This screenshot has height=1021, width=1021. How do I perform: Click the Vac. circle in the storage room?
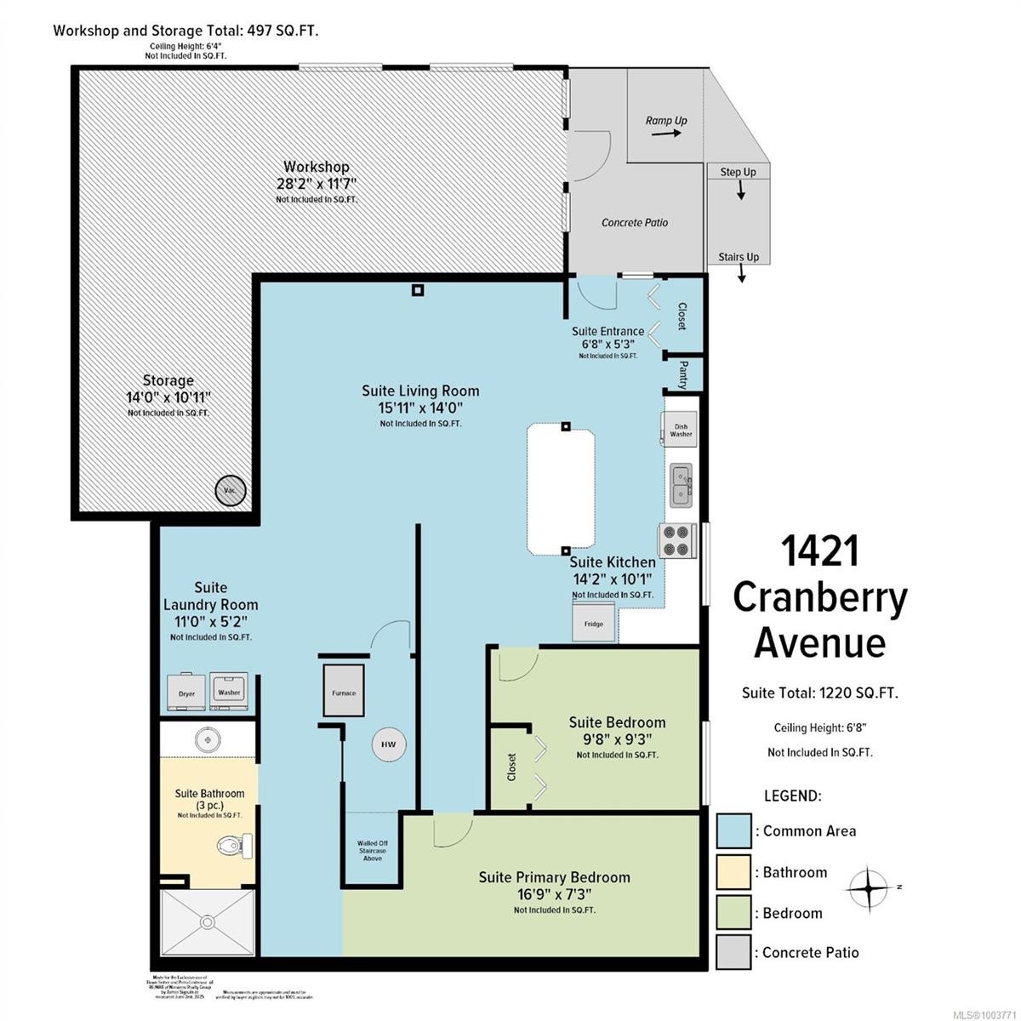click(230, 491)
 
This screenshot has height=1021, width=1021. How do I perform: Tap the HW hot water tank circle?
click(388, 744)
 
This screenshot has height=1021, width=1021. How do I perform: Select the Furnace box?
click(344, 692)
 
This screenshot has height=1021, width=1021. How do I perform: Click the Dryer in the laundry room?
click(186, 688)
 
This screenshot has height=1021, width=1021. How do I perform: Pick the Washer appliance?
click(229, 687)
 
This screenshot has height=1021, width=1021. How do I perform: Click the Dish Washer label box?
click(681, 430)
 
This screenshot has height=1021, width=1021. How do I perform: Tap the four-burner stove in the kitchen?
click(678, 541)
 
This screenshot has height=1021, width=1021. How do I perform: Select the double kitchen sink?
click(682, 485)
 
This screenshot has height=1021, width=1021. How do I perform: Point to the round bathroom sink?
click(205, 737)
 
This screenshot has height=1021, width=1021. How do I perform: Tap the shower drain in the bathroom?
click(206, 921)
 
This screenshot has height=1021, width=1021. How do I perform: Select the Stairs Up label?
click(739, 257)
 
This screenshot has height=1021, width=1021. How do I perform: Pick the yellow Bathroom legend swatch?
click(733, 872)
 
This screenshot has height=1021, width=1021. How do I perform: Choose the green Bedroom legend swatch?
click(733, 913)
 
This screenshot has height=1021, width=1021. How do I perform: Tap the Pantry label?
click(683, 375)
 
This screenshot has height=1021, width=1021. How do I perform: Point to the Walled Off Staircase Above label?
click(372, 851)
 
